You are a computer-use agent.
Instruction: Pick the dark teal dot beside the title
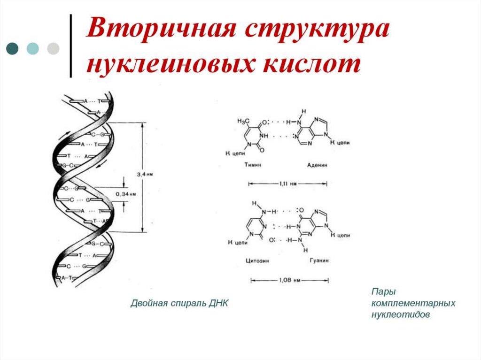point(13,49)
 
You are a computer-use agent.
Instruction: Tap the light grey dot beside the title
point(53,49)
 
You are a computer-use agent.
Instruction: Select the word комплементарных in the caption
point(413,304)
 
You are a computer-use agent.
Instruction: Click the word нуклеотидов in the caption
point(400,315)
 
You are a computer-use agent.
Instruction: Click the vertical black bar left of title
point(71,46)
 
